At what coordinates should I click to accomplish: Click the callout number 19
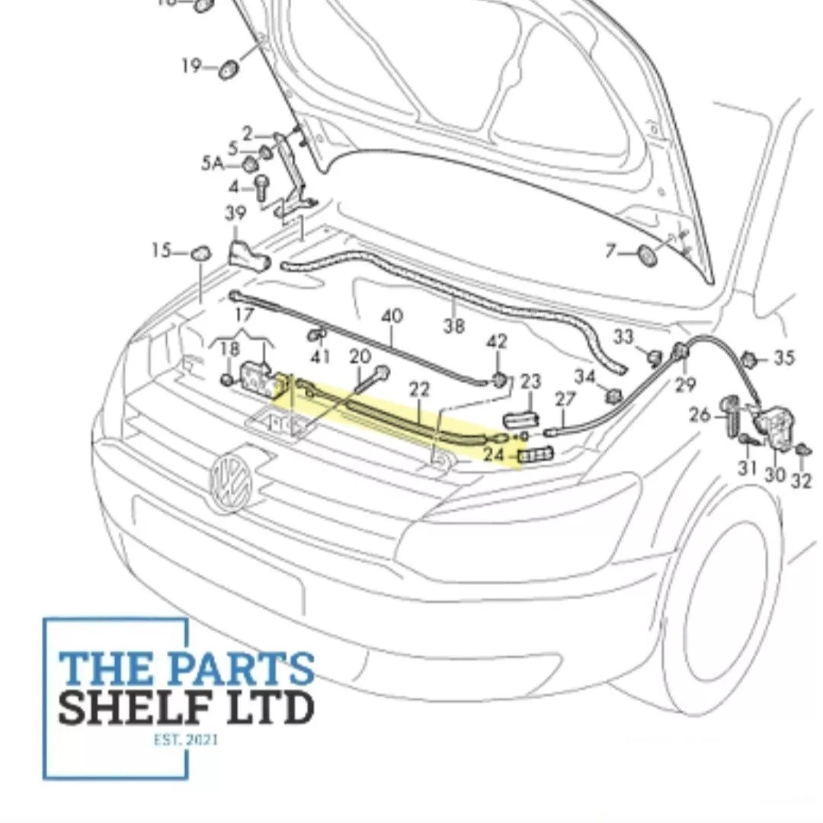(x=191, y=66)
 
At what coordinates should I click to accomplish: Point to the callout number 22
(x=420, y=389)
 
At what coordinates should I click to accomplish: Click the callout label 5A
(x=213, y=163)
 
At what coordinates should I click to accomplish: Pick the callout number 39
(x=235, y=214)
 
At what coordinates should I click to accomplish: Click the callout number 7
(x=610, y=249)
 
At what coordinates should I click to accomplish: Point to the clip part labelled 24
(x=536, y=456)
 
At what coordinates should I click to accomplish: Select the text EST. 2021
(x=185, y=739)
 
